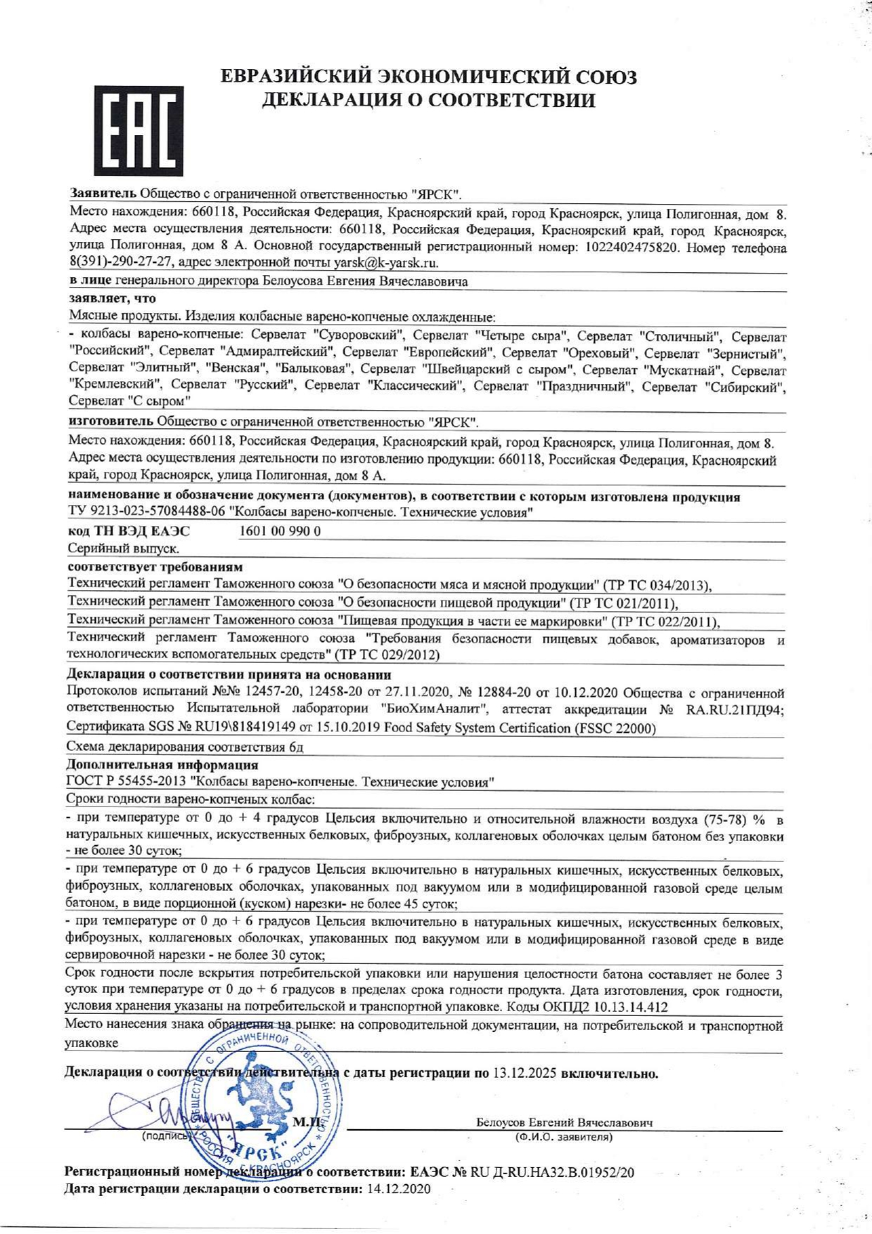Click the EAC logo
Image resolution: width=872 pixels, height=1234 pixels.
tap(138, 130)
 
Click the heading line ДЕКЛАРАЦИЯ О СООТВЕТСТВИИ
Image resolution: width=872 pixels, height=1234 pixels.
tap(428, 101)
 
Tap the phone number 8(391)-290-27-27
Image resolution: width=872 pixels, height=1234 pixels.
tap(120, 263)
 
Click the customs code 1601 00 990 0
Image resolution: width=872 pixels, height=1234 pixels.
tap(280, 531)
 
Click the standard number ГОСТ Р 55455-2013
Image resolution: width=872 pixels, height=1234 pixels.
tap(126, 782)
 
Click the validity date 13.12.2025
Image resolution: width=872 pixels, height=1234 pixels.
tap(525, 1074)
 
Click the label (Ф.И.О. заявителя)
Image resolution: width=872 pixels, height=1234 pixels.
tap(563, 1137)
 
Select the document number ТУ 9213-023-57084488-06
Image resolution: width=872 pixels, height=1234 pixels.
tap(146, 513)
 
